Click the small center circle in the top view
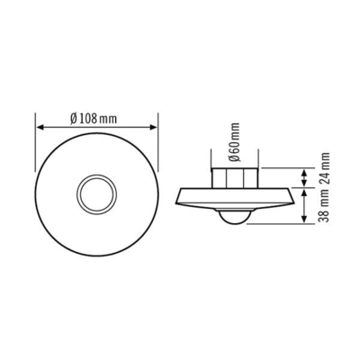pyautogui.click(x=95, y=192)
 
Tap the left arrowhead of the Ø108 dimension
pyautogui.click(x=39, y=129)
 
